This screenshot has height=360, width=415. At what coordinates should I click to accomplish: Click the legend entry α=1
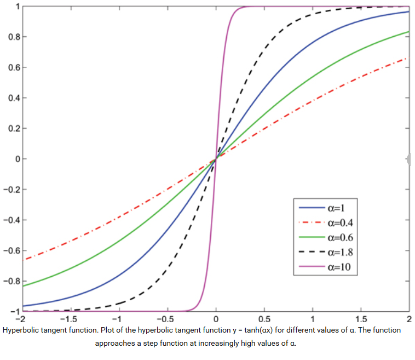click(x=335, y=208)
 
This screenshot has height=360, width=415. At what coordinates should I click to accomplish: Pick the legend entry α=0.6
click(x=338, y=237)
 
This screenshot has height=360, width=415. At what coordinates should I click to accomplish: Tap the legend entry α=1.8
click(x=338, y=253)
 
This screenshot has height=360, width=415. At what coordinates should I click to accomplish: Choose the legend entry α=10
click(x=337, y=267)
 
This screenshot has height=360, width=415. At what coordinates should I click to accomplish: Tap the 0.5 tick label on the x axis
click(x=264, y=319)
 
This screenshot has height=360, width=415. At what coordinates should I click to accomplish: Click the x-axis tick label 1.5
click(x=361, y=319)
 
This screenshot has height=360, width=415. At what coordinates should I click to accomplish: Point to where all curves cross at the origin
click(x=216, y=159)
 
